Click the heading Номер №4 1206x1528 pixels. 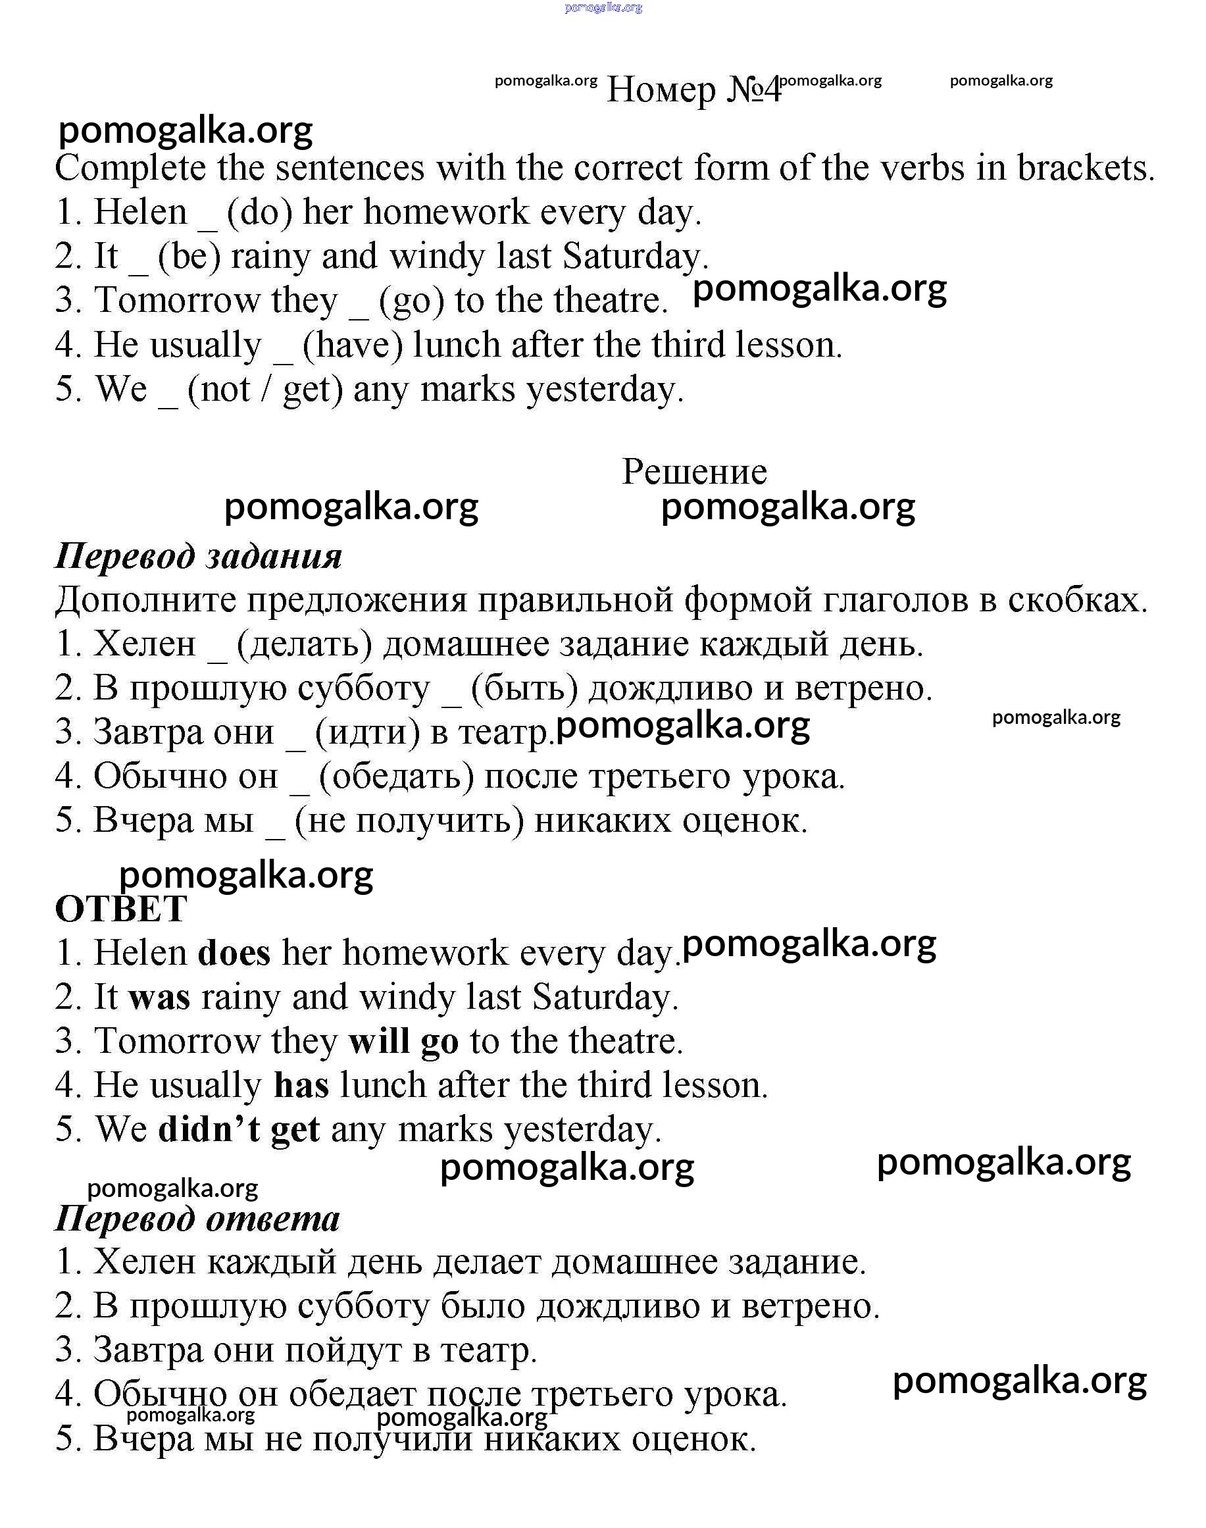[694, 89]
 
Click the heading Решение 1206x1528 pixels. [694, 472]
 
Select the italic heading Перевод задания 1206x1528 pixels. [199, 557]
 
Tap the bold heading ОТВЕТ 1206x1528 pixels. [121, 909]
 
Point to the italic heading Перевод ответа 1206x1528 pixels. [197, 1219]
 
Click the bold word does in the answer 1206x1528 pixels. [234, 954]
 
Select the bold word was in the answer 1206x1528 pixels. [160, 998]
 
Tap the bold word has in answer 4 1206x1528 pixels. [301, 1086]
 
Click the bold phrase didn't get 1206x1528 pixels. [239, 1130]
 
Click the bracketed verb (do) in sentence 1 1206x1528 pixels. [259, 213]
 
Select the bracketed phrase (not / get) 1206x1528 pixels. [264, 390]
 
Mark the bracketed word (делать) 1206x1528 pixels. [305, 645]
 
